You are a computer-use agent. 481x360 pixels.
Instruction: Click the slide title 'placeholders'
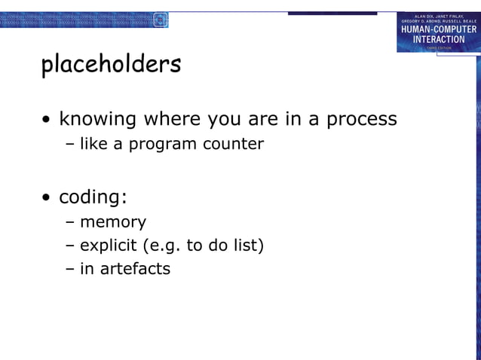pos(111,65)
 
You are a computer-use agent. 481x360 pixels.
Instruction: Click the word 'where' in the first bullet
pos(174,119)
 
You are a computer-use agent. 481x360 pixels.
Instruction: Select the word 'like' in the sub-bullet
pos(93,143)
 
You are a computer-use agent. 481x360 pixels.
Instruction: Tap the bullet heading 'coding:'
pos(93,197)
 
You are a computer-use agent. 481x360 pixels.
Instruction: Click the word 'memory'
pos(113,222)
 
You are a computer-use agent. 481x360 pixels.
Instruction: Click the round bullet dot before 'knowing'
pos(47,121)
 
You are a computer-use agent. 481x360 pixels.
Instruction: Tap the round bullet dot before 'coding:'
pos(47,199)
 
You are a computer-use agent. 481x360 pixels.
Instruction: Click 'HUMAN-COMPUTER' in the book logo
pos(438,29)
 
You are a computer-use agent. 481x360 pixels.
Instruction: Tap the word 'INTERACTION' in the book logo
pos(438,39)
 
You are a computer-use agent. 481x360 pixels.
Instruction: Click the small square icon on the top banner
pos(160,20)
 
